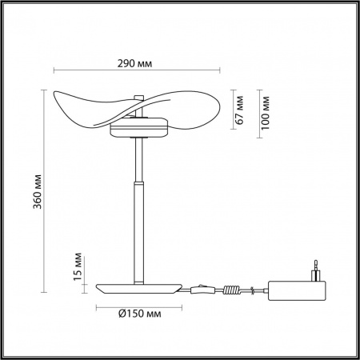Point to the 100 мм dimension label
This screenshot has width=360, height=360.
[x=266, y=112]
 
